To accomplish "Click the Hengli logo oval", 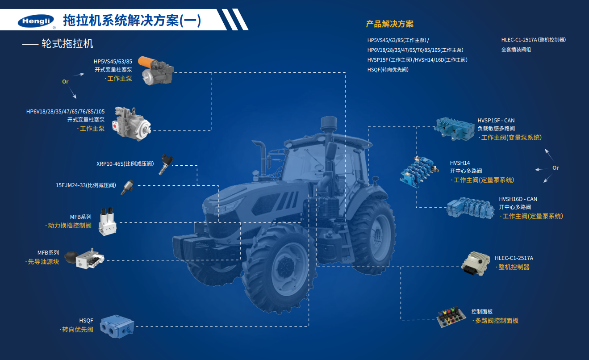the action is (36, 21).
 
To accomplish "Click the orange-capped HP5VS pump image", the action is (156, 71).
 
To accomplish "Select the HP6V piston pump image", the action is (131, 124).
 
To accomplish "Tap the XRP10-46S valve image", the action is (166, 164).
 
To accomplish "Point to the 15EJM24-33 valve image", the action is (128, 187).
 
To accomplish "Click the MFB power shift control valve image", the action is (108, 222).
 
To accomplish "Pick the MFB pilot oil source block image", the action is (84, 258).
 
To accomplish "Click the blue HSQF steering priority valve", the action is (117, 327).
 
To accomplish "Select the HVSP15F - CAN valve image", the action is (454, 129).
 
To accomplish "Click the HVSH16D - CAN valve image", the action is (470, 208).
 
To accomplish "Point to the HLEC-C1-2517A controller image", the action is (476, 264).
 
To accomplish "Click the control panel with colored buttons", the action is (451, 317).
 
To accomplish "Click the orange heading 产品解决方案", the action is (390, 24).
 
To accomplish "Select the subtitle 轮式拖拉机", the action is (67, 44).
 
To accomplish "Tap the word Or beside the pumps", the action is (65, 82).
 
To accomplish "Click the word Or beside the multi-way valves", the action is (556, 168).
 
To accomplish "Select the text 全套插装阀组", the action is (516, 50).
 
